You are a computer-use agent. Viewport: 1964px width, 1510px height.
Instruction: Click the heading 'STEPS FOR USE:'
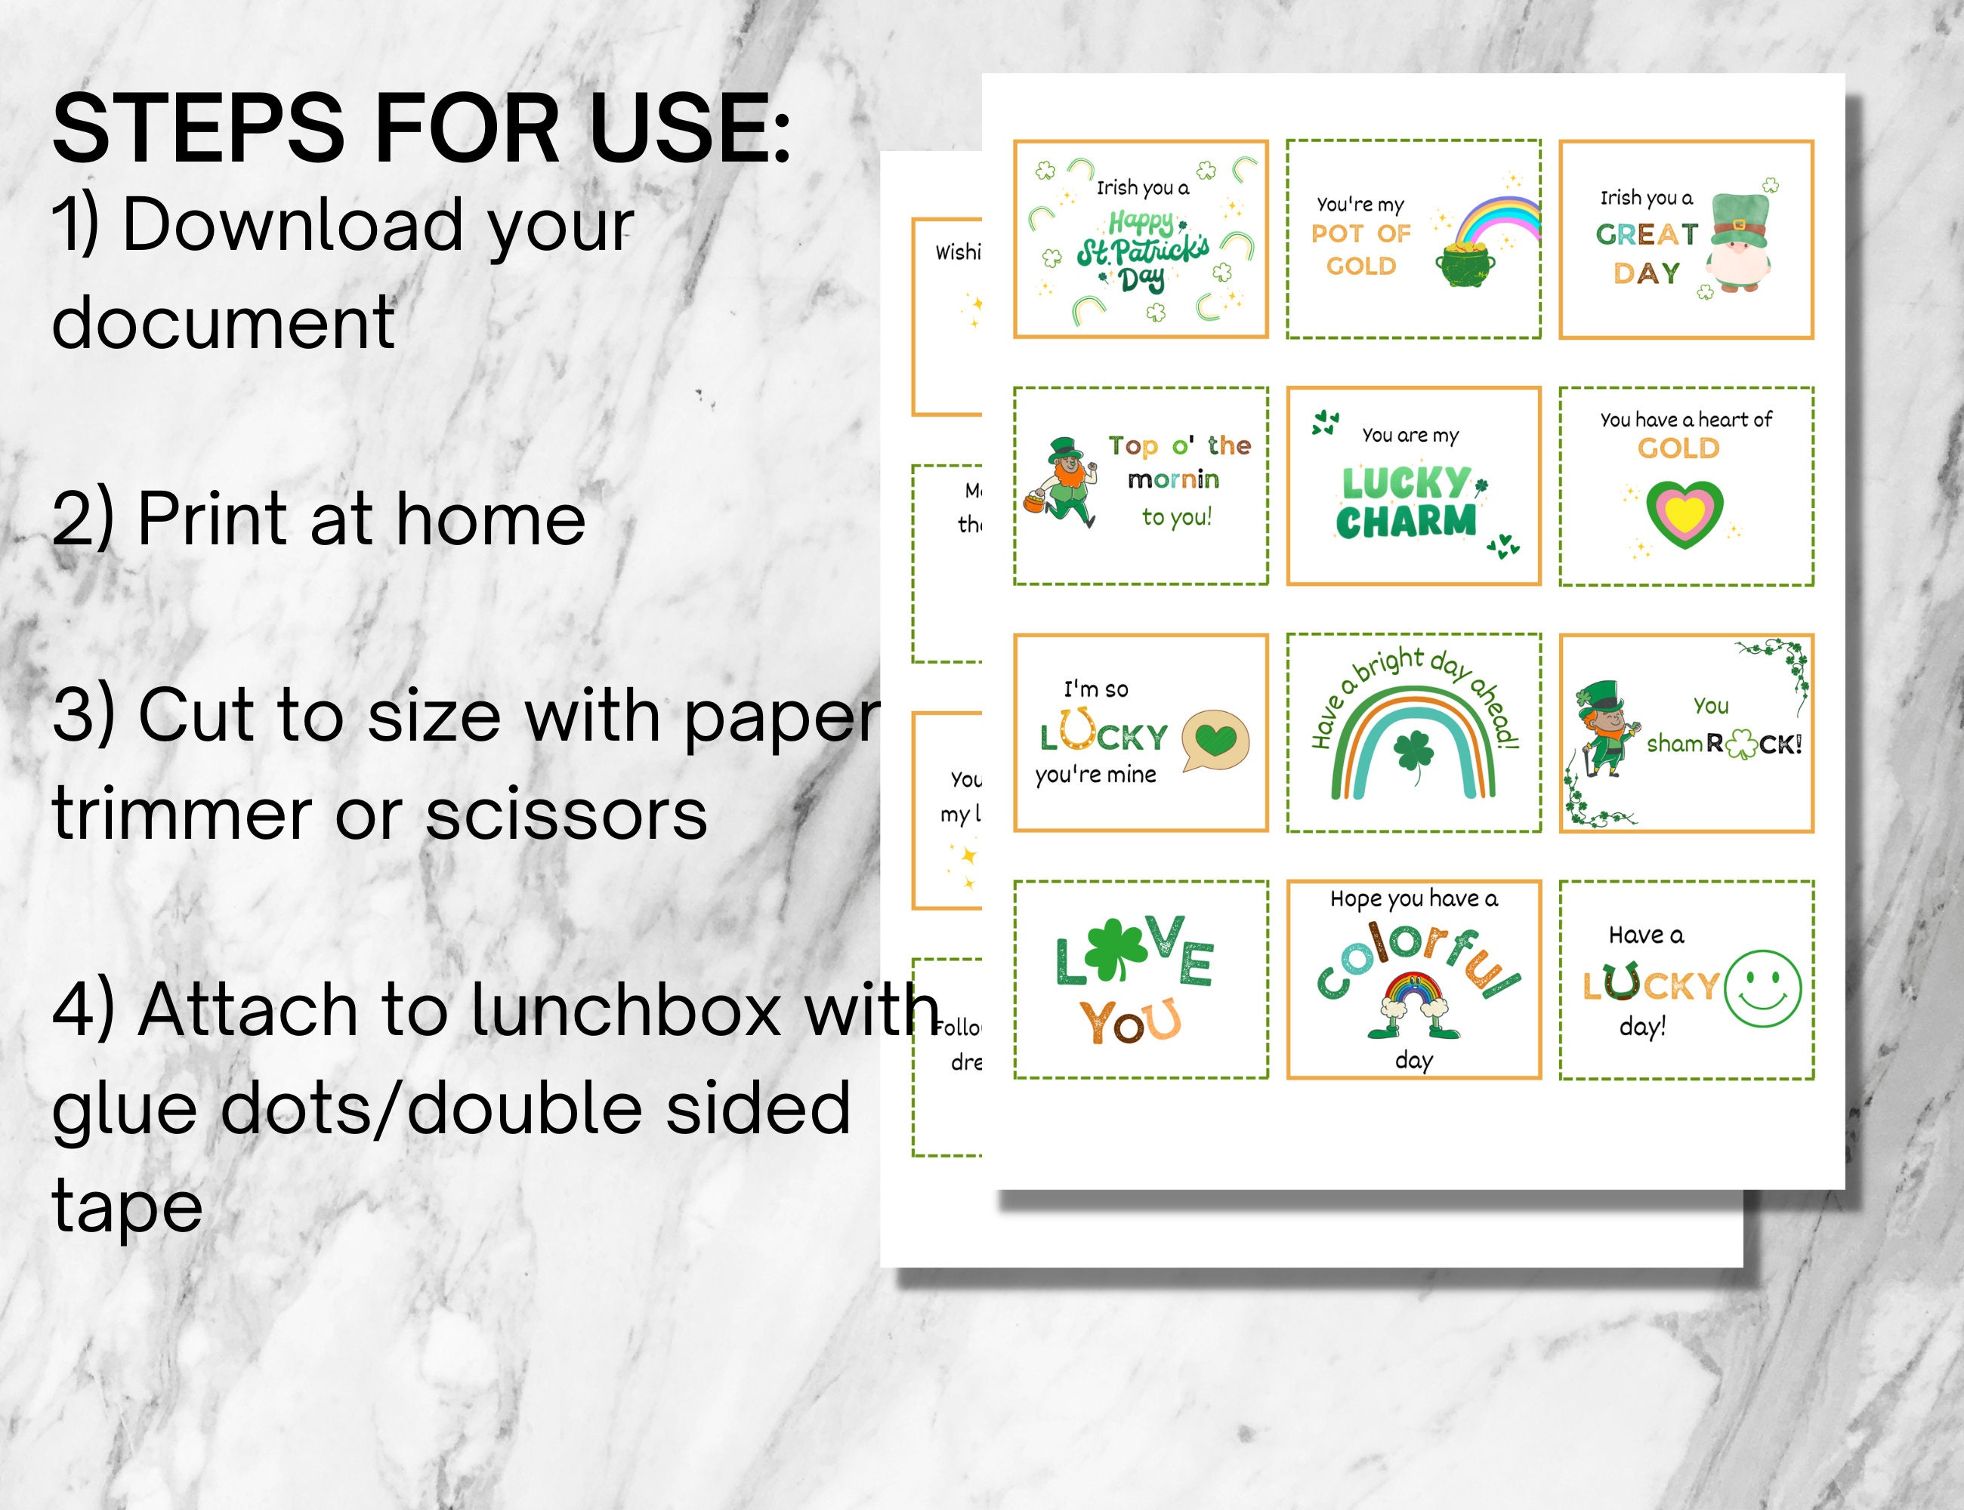tap(421, 131)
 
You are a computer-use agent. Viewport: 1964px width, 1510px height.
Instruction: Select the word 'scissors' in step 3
tap(566, 815)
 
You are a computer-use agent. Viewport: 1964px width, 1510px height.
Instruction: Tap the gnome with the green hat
tap(1740, 242)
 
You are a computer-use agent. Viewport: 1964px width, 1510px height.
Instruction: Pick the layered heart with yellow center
tap(1684, 514)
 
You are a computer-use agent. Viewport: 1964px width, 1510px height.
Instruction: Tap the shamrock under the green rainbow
tap(1413, 750)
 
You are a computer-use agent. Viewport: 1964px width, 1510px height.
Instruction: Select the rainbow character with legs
tap(1413, 1002)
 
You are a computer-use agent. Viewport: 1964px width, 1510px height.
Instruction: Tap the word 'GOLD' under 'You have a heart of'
tap(1678, 448)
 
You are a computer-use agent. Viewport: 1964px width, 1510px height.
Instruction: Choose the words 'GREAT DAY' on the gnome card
tap(1647, 254)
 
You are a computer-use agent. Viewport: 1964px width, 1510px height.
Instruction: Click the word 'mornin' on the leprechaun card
tap(1174, 480)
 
